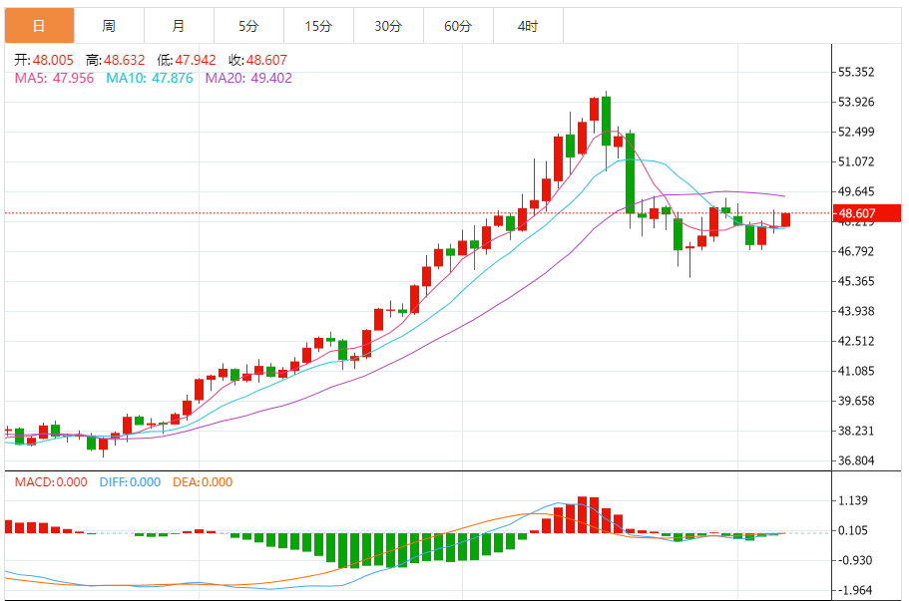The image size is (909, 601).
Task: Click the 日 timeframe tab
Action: [x=38, y=26]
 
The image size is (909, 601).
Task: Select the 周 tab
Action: [x=108, y=26]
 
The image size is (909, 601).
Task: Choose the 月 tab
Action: [x=178, y=26]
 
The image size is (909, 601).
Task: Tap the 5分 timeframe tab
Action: [x=247, y=26]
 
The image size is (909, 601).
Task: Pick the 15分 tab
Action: [x=318, y=26]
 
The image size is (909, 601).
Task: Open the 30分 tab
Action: [x=388, y=26]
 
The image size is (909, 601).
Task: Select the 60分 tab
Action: [x=458, y=26]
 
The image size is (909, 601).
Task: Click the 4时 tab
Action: [x=528, y=26]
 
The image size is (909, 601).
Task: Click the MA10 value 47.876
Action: [x=171, y=78]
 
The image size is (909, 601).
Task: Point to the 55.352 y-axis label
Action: [x=856, y=72]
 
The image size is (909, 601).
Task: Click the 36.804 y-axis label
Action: [x=856, y=461]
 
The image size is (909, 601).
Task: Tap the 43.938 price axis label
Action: [x=856, y=311]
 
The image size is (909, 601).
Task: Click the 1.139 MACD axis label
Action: [x=855, y=501]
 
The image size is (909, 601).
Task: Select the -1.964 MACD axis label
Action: [x=855, y=589]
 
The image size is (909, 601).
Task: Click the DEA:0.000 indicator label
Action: [x=203, y=482]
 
